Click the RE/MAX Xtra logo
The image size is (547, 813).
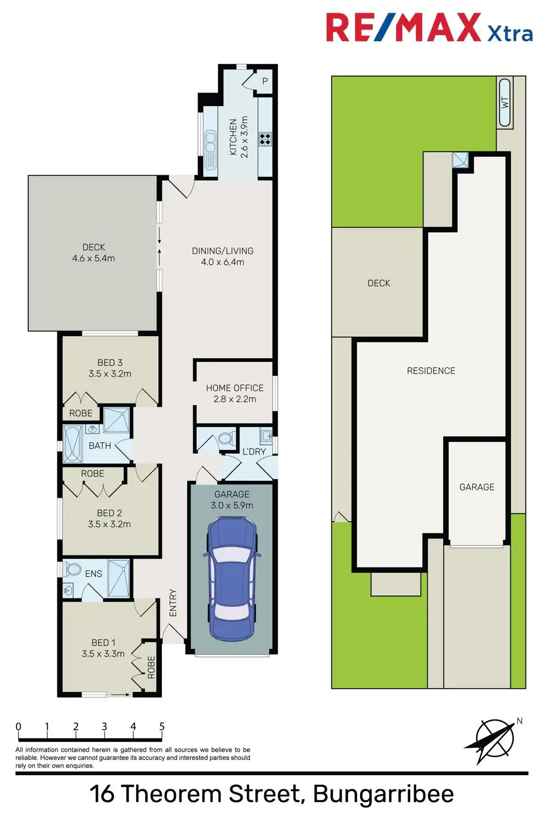pyautogui.click(x=429, y=28)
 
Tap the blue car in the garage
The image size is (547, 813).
pyautogui.click(x=232, y=579)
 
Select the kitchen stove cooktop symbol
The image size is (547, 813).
pyautogui.click(x=265, y=139)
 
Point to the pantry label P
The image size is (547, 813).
pyautogui.click(x=265, y=82)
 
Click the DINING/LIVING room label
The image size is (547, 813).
pyautogui.click(x=223, y=251)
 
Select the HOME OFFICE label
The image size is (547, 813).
pyautogui.click(x=235, y=388)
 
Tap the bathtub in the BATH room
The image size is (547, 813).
pyautogui.click(x=72, y=445)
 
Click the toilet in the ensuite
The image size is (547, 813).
pyautogui.click(x=73, y=569)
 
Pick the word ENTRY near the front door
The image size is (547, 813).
pyautogui.click(x=173, y=603)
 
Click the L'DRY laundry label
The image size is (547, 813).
pyautogui.click(x=254, y=452)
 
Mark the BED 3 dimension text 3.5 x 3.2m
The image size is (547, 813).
pyautogui.click(x=110, y=374)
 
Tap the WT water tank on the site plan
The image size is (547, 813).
pyautogui.click(x=505, y=102)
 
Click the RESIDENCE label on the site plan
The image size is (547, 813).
pyautogui.click(x=431, y=371)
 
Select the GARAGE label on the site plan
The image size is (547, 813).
pyautogui.click(x=476, y=487)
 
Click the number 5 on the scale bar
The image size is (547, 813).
pyautogui.click(x=162, y=726)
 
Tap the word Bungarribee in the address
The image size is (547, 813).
pyautogui.click(x=383, y=793)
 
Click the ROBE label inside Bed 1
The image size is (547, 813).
pyautogui.click(x=151, y=667)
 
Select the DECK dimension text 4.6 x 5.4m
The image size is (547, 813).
pyautogui.click(x=94, y=258)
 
